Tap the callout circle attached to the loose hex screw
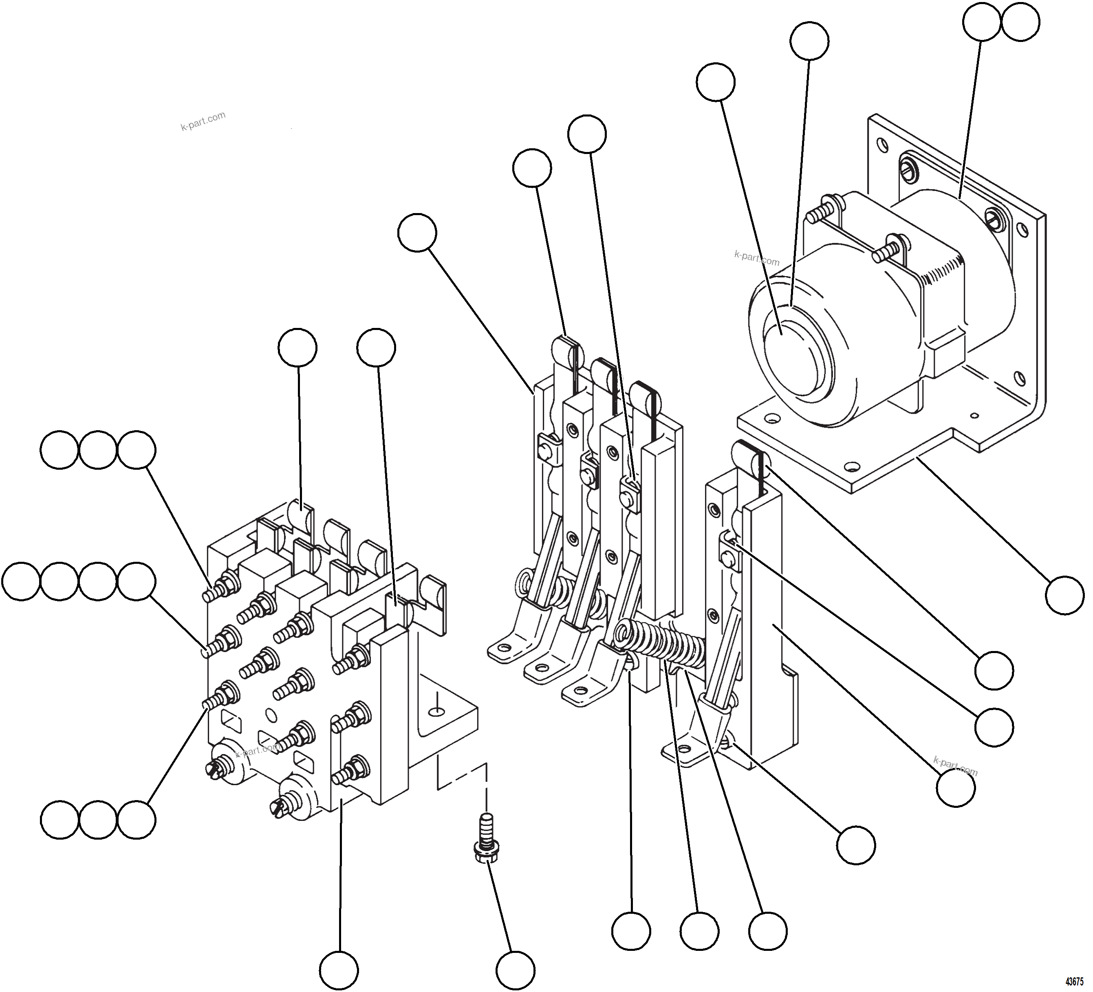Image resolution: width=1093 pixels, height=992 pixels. [x=516, y=970]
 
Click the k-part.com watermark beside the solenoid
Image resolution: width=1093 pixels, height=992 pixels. [x=757, y=257]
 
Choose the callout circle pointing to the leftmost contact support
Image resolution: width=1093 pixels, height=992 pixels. [x=417, y=233]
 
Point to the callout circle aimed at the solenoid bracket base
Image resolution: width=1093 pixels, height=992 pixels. [x=1065, y=595]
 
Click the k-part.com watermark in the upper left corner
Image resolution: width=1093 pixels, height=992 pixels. [x=203, y=121]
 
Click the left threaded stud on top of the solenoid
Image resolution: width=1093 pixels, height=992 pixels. [x=818, y=215]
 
